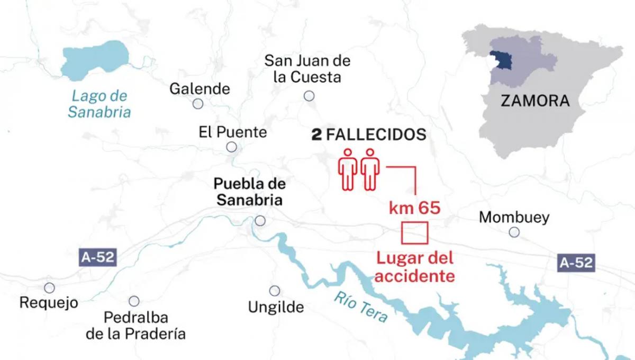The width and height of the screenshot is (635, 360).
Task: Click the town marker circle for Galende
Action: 198,104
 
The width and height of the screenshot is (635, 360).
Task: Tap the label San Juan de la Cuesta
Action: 307,69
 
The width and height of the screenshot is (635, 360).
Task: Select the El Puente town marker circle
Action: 231,147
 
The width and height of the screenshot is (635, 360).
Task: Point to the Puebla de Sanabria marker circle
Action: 260,220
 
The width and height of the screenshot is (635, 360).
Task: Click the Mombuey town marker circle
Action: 514,232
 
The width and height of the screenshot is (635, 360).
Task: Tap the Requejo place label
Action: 49,303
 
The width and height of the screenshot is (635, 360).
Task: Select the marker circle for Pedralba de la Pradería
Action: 134,301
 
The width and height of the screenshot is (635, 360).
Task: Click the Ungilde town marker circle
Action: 275,291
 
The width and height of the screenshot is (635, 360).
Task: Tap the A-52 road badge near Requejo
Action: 98,258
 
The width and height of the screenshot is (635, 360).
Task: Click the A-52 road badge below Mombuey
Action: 576,262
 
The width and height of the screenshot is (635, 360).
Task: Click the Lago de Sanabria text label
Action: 99,104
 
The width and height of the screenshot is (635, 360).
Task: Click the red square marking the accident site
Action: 414,233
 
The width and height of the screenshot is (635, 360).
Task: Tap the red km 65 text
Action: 414,208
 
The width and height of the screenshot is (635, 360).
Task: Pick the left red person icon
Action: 347,169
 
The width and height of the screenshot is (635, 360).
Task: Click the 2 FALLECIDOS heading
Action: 369,135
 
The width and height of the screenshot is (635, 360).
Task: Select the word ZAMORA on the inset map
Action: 535,101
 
